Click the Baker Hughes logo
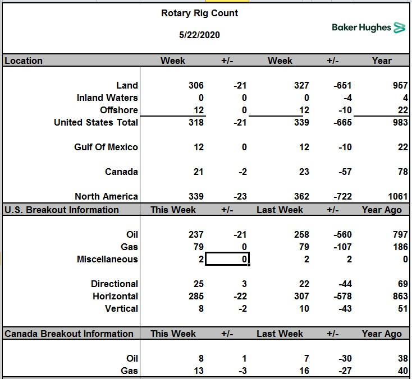(368, 27)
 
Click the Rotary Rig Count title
(199, 13)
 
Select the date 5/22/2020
(199, 35)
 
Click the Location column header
(24, 61)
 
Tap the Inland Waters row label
(107, 98)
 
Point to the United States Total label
(96, 122)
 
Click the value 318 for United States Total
(196, 122)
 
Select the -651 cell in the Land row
(342, 85)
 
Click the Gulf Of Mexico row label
(106, 147)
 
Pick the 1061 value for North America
(398, 196)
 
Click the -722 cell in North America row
(342, 196)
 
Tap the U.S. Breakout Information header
(62, 210)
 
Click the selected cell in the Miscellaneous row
(227, 259)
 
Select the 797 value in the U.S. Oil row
(400, 234)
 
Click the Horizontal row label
(116, 296)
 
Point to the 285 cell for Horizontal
(196, 296)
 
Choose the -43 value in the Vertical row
(345, 308)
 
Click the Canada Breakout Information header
(69, 334)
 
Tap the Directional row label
(115, 284)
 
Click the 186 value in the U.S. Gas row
(400, 247)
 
